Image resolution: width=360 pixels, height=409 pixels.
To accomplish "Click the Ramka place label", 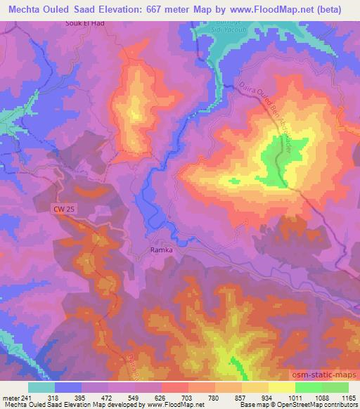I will pyautogui.click(x=162, y=249).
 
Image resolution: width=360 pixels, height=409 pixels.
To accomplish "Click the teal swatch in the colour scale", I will pyautogui.click(x=41, y=387).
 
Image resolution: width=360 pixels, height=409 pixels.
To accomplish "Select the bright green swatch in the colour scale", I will pyautogui.click(x=308, y=387).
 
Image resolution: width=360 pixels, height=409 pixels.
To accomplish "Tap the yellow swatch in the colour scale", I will pyautogui.click(x=281, y=387).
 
